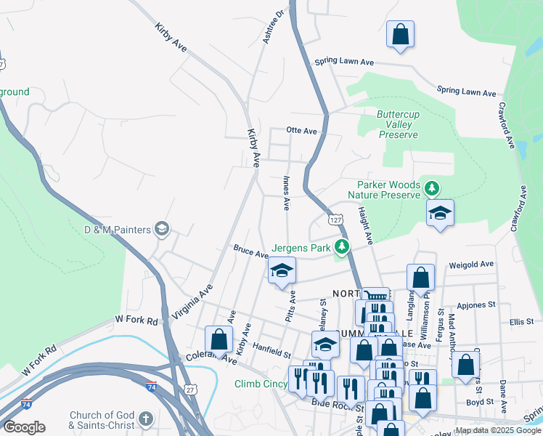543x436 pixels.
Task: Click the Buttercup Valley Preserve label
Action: point(397,124)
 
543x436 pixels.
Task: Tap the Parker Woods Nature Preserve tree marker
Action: point(432,189)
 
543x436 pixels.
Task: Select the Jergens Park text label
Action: point(301,247)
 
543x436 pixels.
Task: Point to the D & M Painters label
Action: point(116,230)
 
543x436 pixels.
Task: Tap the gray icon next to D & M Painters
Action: point(162,230)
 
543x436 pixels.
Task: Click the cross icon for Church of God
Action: point(145,419)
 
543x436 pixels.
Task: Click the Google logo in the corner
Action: point(24,427)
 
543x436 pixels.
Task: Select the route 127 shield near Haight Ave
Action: point(335,219)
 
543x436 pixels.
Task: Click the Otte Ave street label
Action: point(302,131)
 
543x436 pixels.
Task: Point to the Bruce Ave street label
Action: point(250,251)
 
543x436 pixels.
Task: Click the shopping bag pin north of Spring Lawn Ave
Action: point(400,34)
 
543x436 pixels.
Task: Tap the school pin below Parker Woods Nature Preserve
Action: point(439,214)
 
